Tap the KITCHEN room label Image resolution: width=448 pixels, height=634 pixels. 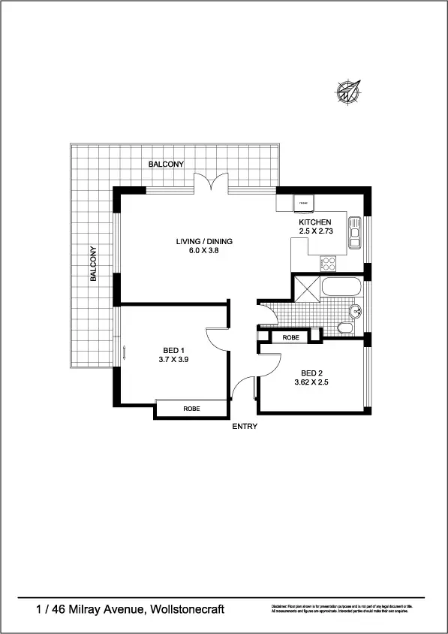[x=314, y=223]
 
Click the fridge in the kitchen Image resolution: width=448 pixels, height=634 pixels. [x=305, y=203]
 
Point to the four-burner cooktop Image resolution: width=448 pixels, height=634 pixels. [x=328, y=264]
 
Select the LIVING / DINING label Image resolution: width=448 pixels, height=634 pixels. [x=205, y=241]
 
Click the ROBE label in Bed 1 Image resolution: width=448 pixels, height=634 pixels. [x=191, y=409]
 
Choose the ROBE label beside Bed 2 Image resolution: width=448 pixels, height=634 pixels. [x=291, y=338]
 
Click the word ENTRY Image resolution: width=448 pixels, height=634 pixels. [x=245, y=427]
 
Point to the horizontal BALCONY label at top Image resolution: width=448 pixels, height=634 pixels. [x=166, y=164]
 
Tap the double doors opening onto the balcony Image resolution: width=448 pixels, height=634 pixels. [x=209, y=183]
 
